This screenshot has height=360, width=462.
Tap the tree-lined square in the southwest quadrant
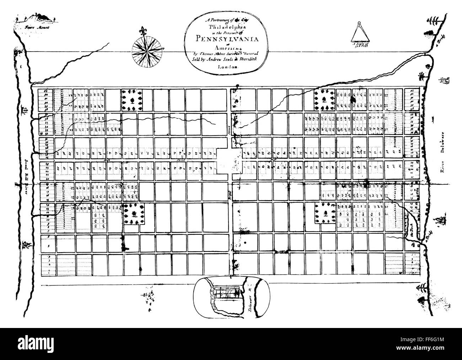coord(134,214)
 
